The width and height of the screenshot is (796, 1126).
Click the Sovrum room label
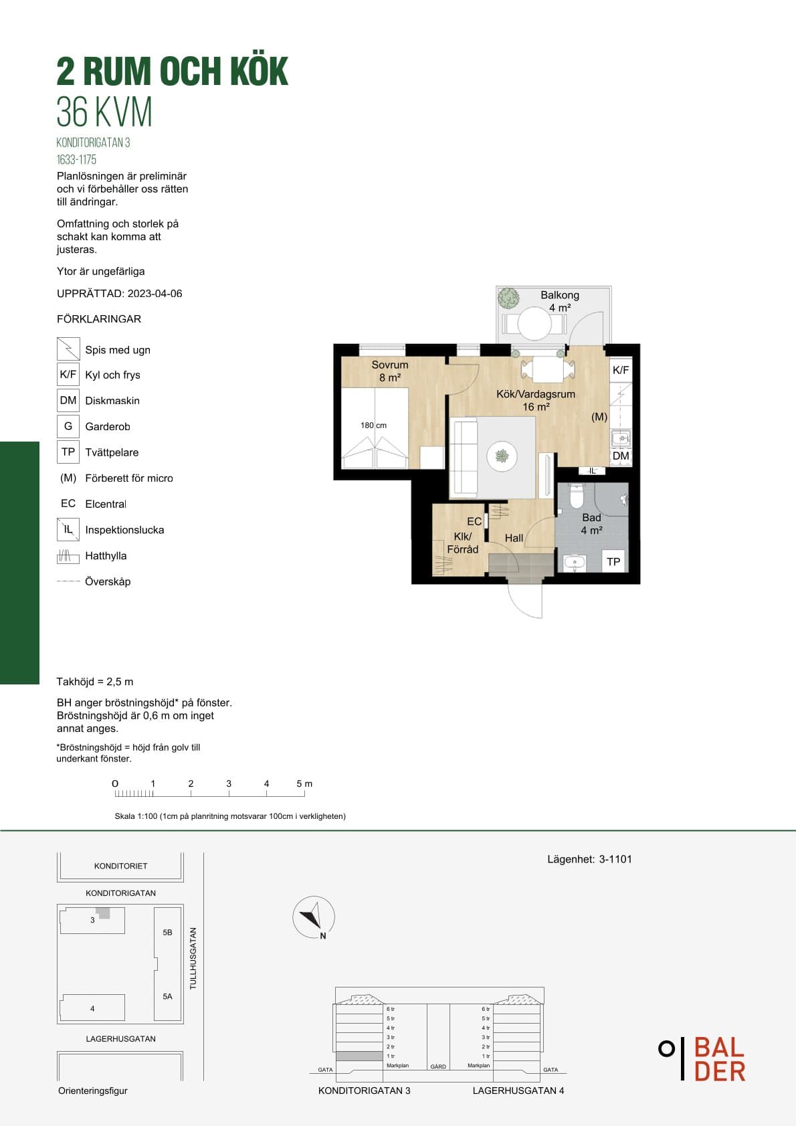coord(389,365)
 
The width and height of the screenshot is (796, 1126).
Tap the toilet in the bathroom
coord(576,496)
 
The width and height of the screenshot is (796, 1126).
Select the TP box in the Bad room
coord(613,561)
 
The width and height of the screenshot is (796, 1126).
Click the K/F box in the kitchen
coord(621,371)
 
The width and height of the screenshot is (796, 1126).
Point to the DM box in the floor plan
coord(621,456)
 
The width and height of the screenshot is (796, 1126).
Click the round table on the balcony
coord(534,323)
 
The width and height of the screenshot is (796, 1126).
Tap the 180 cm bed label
coord(373,426)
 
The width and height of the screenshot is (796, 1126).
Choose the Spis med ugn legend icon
coord(68,349)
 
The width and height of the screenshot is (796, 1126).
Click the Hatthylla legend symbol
coord(68,556)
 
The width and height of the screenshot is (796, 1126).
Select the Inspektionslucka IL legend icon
coord(68,529)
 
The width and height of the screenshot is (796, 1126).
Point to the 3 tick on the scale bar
coord(229,793)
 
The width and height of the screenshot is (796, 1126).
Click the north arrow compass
coord(314,917)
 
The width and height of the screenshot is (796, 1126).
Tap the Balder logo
coord(702,1058)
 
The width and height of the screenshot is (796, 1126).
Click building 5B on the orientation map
coord(167,933)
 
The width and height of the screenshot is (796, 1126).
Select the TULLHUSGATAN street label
coord(193,959)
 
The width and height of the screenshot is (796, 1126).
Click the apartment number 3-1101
coord(615,859)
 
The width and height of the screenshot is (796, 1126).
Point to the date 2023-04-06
coord(155,294)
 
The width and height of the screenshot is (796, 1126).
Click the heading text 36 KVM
coord(104,112)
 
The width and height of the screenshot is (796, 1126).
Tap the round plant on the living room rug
coord(502,456)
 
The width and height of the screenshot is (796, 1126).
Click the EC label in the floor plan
coord(474,521)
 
